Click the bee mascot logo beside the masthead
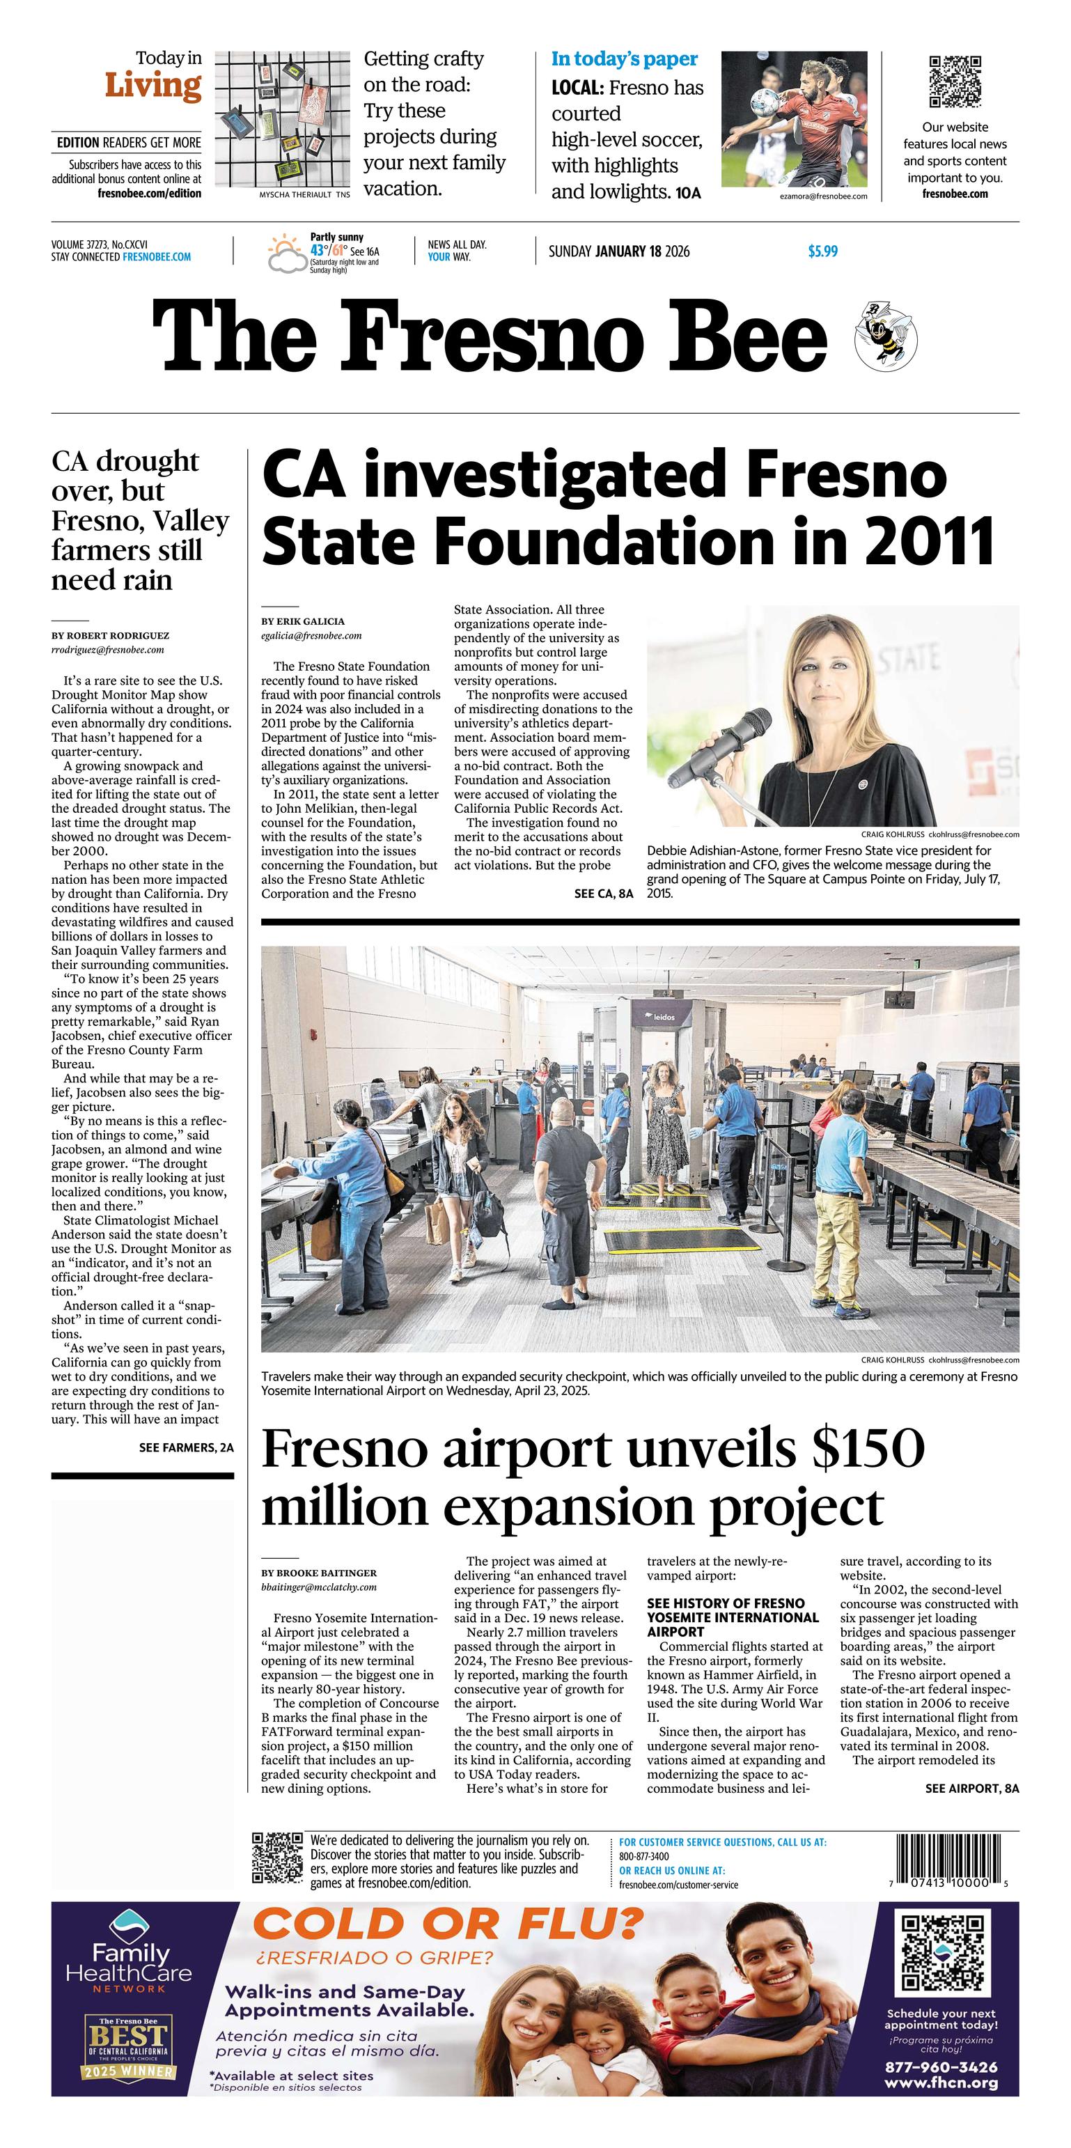tap(885, 337)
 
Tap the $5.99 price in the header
tap(822, 251)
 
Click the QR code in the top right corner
tap(955, 81)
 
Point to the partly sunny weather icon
tap(285, 254)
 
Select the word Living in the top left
tap(153, 85)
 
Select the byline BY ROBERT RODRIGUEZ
tap(110, 635)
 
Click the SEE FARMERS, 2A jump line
tap(186, 1447)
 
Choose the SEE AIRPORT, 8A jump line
tap(972, 1788)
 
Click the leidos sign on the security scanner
tap(664, 1018)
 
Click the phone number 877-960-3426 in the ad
tap(941, 2067)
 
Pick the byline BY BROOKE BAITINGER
tap(318, 1573)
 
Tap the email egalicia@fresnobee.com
tap(311, 635)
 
